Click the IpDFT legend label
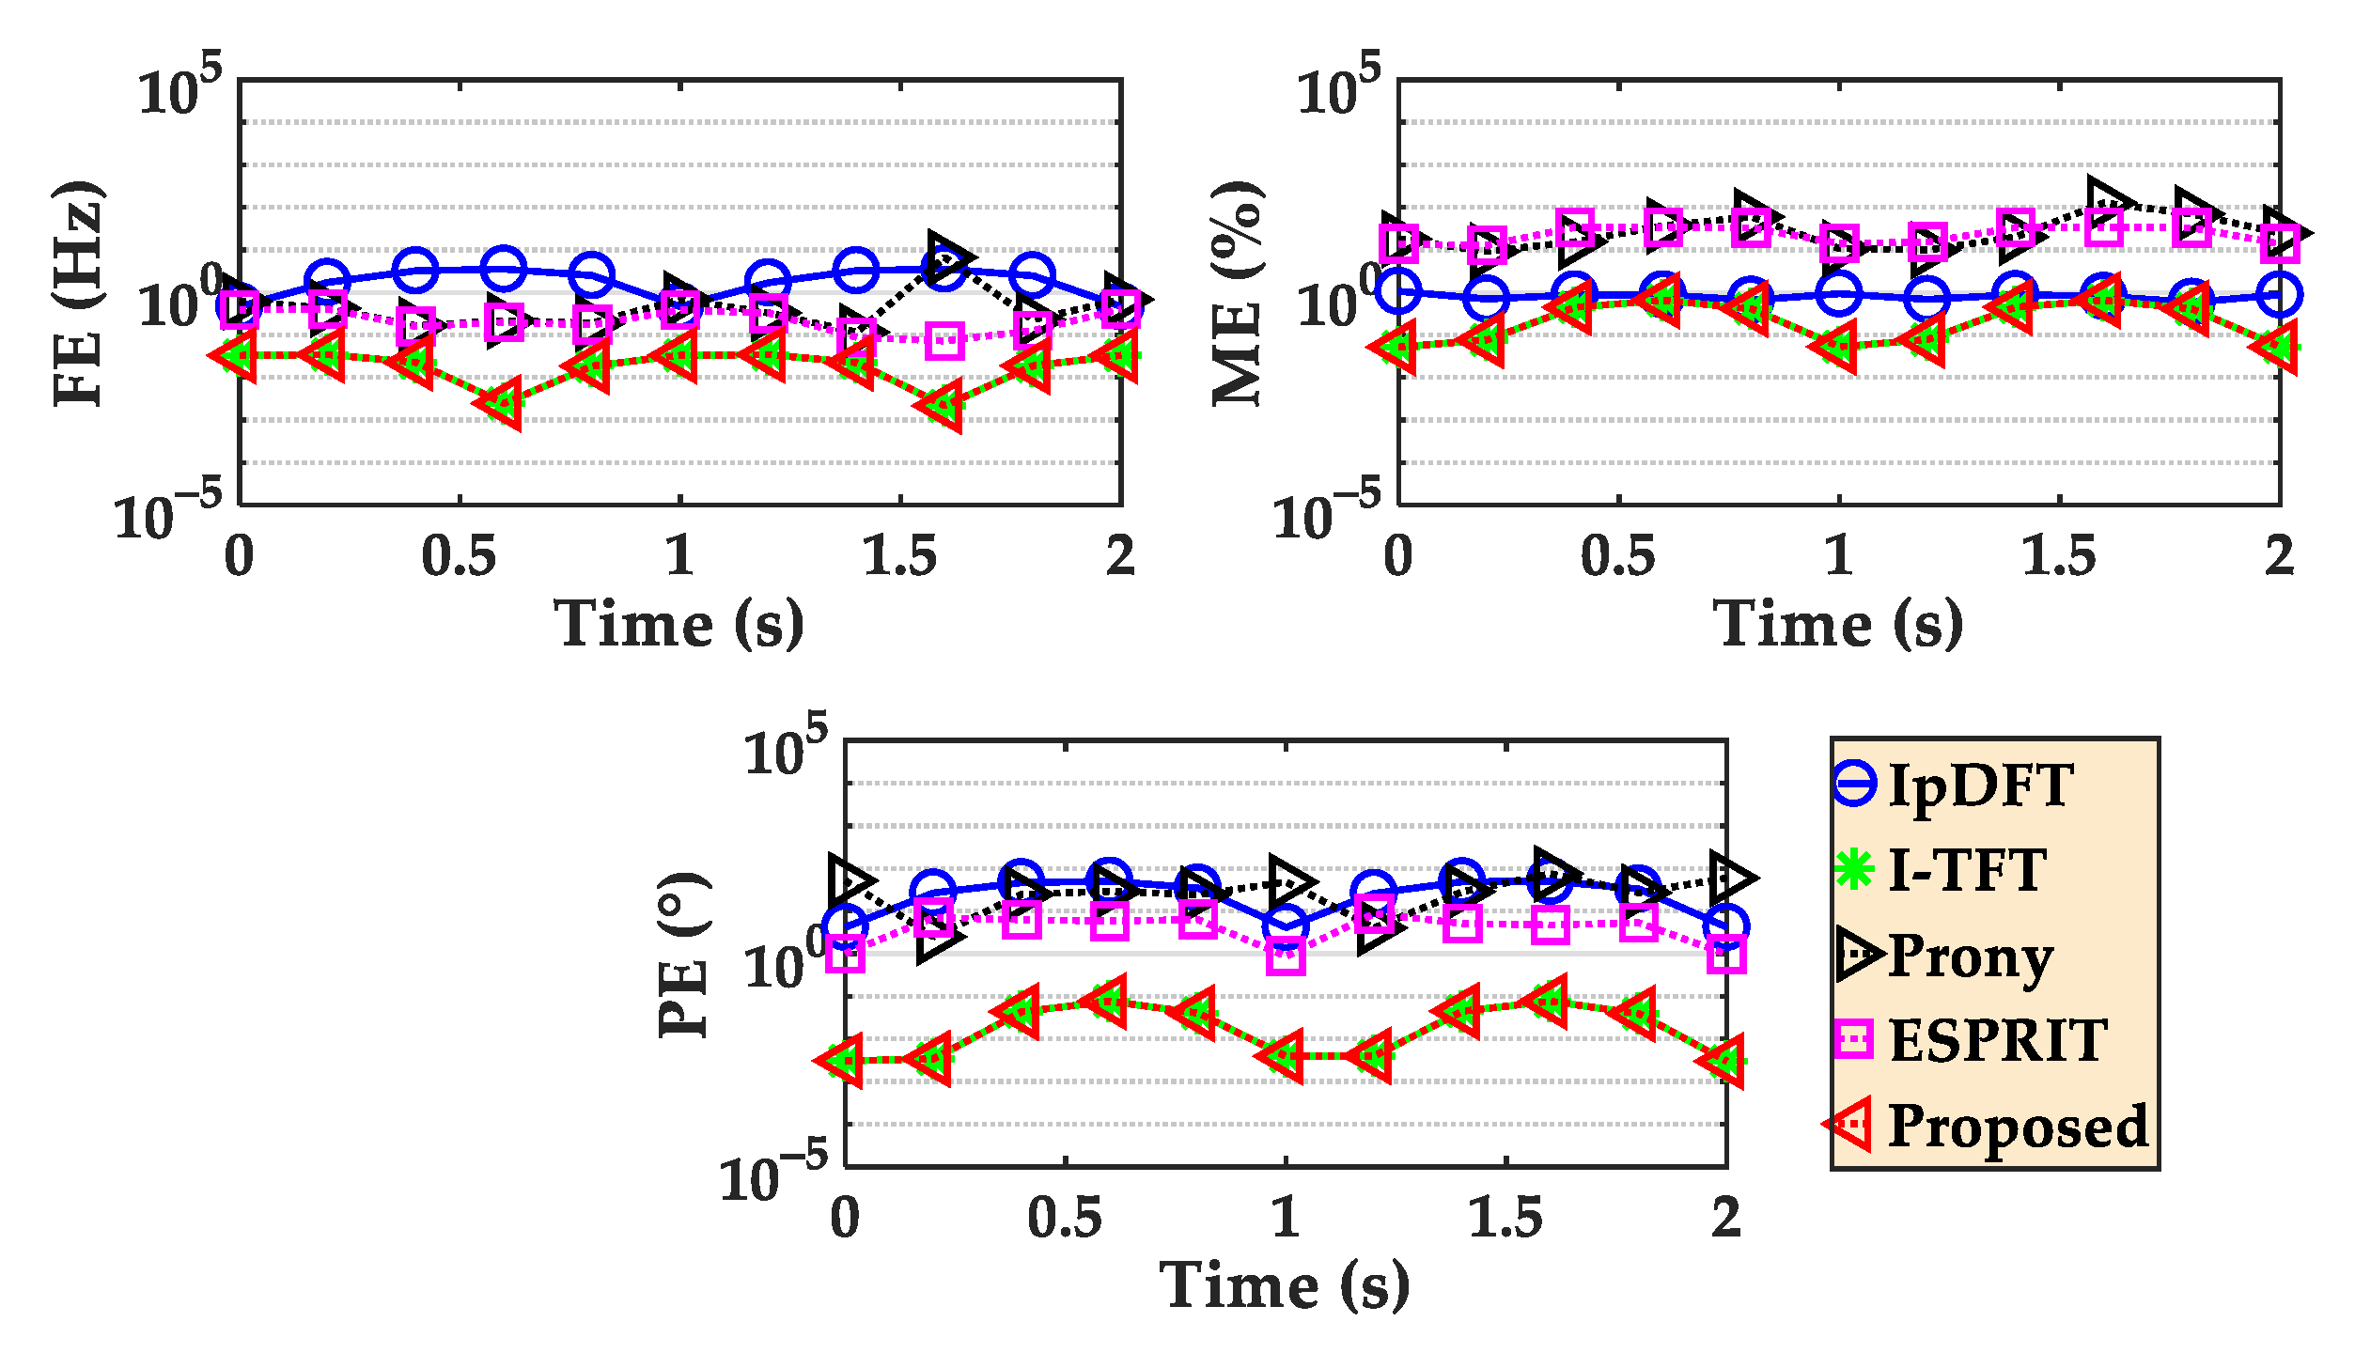1979,785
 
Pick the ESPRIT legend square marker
1854,1039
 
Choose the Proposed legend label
2018,1126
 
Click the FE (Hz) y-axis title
79,293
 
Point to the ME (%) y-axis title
1238,293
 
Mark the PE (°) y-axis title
684,955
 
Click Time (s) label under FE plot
678,624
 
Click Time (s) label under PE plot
1285,1285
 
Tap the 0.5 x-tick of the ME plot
1617,556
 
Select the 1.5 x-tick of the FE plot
899,556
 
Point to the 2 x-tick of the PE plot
1725,1218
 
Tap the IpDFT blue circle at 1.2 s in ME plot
1927,299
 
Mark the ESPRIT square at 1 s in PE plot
1286,957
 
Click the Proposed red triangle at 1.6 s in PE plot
1548,1001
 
